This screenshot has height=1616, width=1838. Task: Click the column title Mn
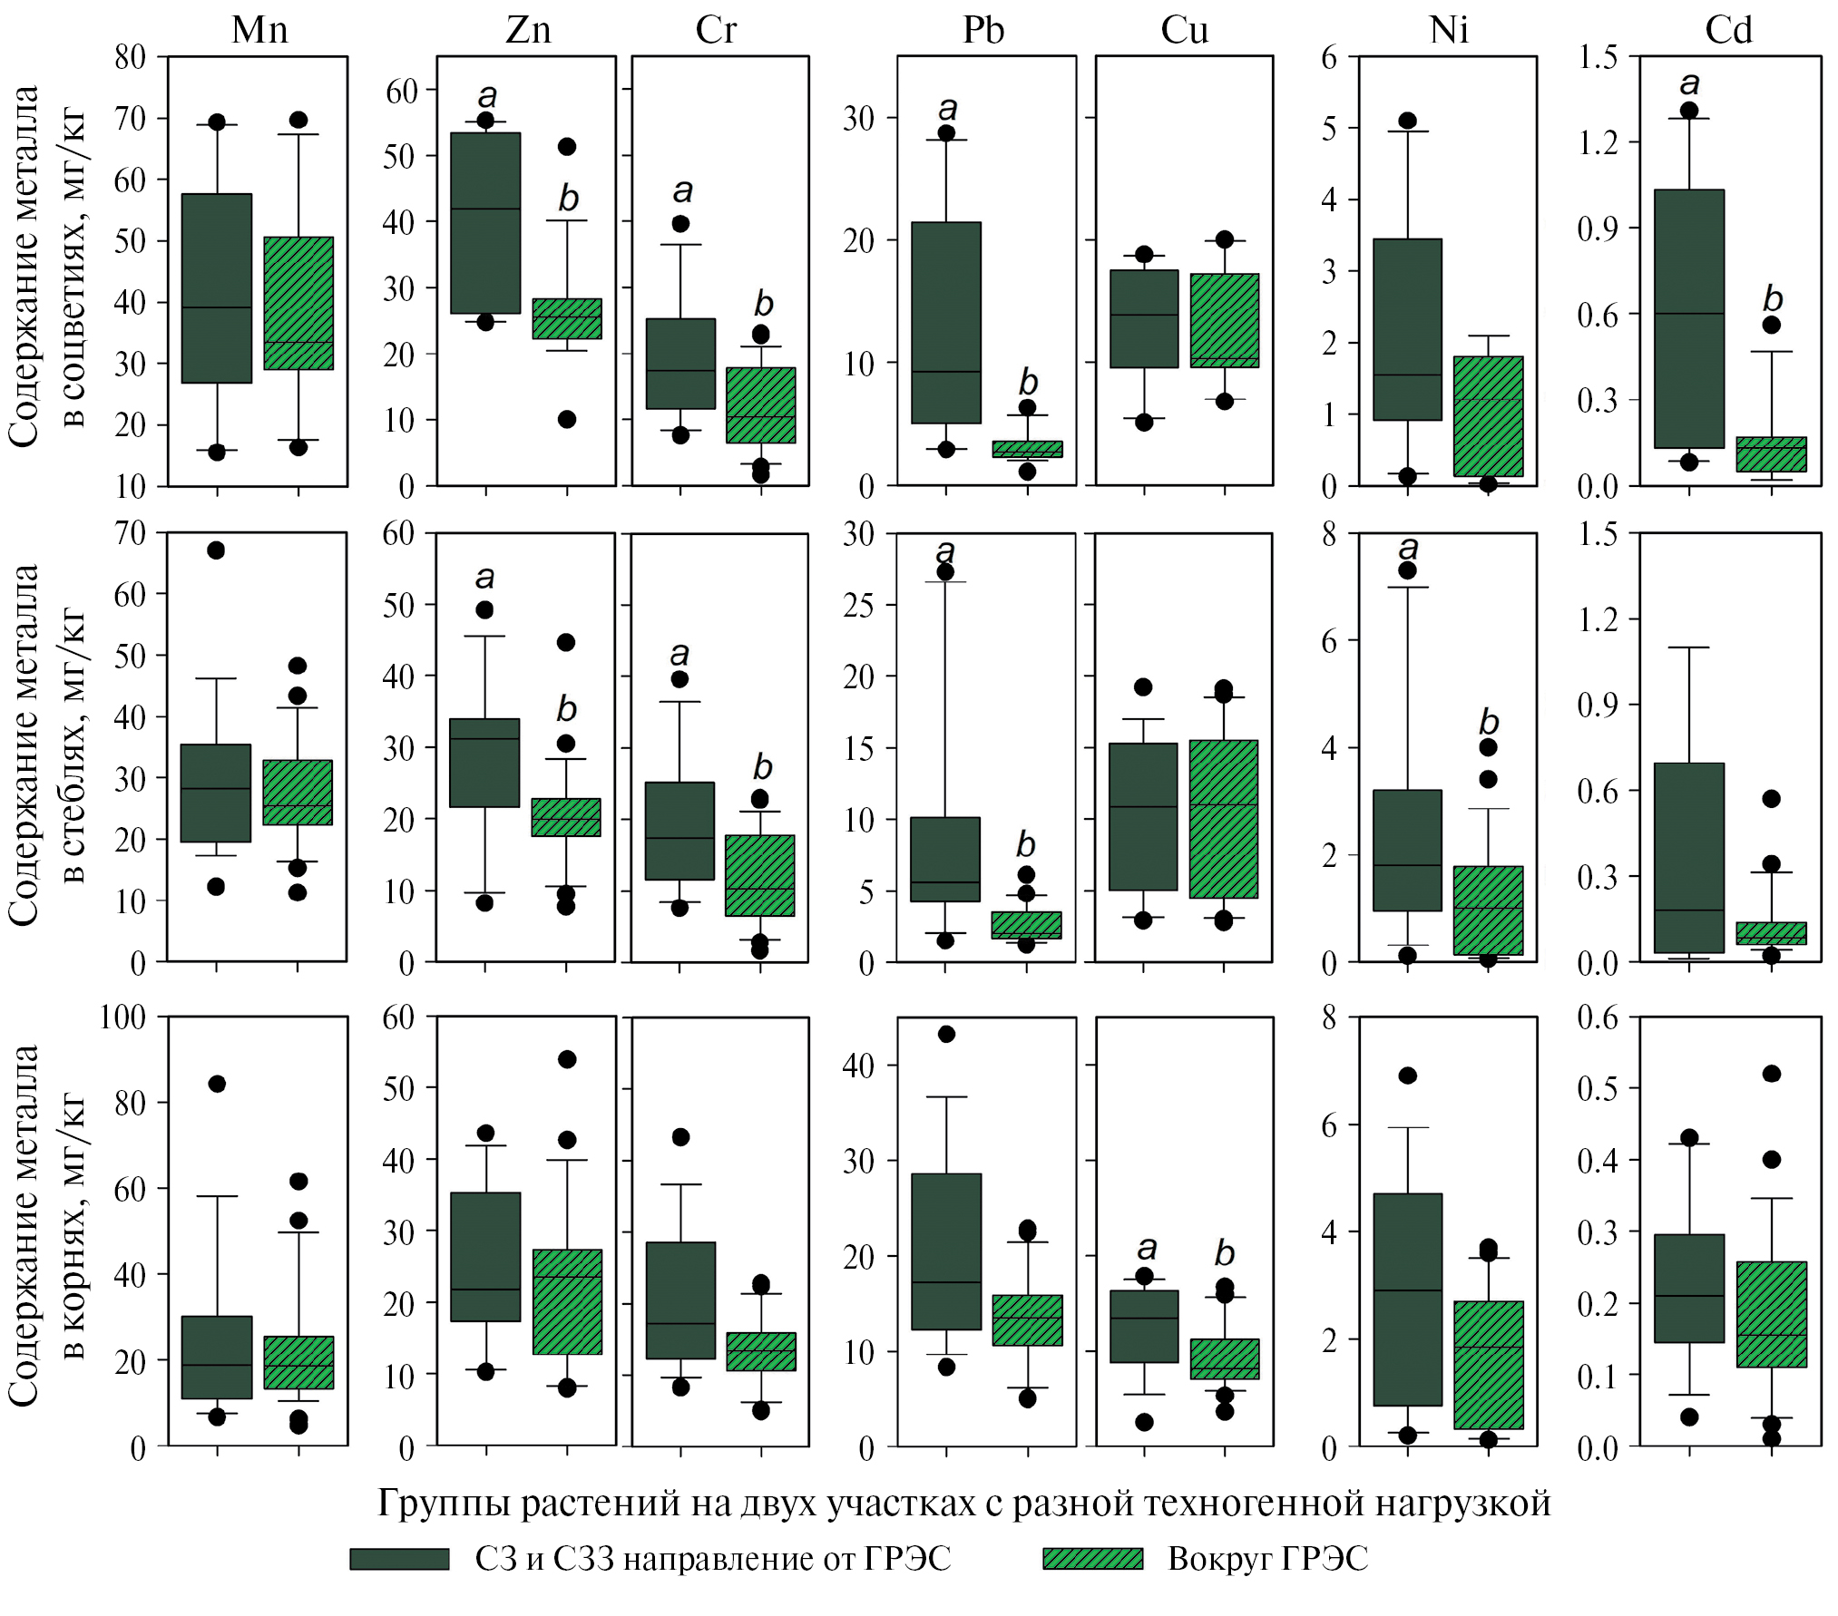tap(259, 31)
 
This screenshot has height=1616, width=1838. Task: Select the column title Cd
tap(1727, 31)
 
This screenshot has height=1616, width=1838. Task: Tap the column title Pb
tap(983, 31)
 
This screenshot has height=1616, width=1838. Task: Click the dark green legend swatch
tap(399, 1559)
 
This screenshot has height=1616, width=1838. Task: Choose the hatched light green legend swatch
tap(1092, 1559)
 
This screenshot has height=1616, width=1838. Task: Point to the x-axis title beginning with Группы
tap(963, 1504)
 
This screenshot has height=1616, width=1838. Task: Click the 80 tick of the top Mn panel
tap(131, 57)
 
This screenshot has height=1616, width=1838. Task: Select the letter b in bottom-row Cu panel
tap(1225, 1253)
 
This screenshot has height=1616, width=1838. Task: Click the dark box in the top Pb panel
tap(946, 322)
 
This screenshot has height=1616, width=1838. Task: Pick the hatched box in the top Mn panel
tap(298, 303)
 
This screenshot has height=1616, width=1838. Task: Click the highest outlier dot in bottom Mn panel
tap(217, 1084)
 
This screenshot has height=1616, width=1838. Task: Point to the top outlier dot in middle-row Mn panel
tap(216, 550)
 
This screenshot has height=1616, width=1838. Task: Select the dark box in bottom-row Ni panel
tap(1407, 1300)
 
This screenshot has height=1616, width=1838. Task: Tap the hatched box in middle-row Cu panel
tap(1224, 819)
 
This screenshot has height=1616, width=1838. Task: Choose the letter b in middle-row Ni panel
tap(1489, 723)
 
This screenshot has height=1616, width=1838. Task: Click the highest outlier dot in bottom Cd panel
tap(1771, 1074)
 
